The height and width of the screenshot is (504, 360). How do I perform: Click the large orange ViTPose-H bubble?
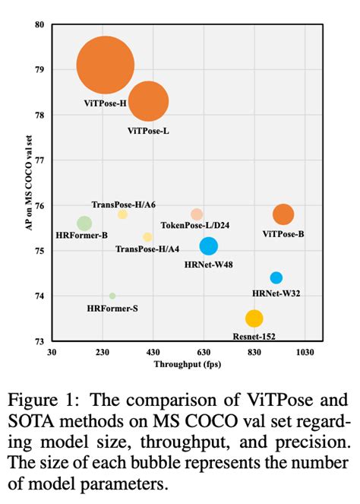(x=106, y=66)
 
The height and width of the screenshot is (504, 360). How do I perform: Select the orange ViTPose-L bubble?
(x=148, y=101)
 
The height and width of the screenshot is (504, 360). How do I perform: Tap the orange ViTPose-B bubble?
(x=283, y=214)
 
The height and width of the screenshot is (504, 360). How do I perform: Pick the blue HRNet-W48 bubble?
(x=209, y=246)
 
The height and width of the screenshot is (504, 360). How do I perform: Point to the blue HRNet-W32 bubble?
(x=276, y=277)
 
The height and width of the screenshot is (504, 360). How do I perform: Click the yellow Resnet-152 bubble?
(x=254, y=319)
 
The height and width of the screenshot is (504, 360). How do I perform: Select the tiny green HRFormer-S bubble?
(x=112, y=296)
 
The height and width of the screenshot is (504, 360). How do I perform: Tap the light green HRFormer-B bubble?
(x=84, y=223)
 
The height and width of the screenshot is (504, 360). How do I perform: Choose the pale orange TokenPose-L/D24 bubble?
(x=197, y=214)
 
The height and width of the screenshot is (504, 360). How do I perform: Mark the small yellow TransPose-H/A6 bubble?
(x=122, y=214)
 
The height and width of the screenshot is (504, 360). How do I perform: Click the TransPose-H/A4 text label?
(x=147, y=249)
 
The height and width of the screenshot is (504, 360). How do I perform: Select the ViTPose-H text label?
(x=105, y=103)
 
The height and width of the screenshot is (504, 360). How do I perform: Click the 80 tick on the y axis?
(x=39, y=24)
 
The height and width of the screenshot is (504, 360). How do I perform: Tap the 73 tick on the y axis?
(x=39, y=341)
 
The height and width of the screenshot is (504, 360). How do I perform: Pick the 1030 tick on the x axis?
(x=305, y=353)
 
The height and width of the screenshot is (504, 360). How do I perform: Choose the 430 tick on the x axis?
(x=153, y=353)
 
